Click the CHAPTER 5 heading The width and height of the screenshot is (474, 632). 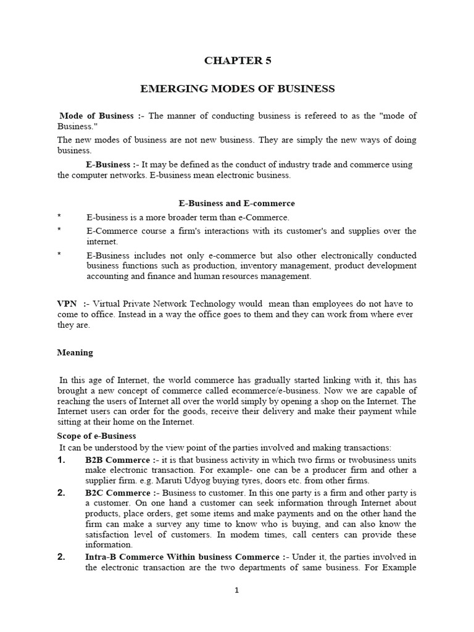coord(237,60)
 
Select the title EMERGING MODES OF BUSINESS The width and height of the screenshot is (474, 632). coord(237,89)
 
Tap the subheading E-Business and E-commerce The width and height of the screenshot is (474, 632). coord(236,203)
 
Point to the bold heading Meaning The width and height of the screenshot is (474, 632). coord(75,352)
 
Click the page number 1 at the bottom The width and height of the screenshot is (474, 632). coord(236,590)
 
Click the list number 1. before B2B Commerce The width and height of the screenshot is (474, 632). coord(61,460)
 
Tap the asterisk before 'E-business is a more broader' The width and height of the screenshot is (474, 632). coord(59,217)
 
